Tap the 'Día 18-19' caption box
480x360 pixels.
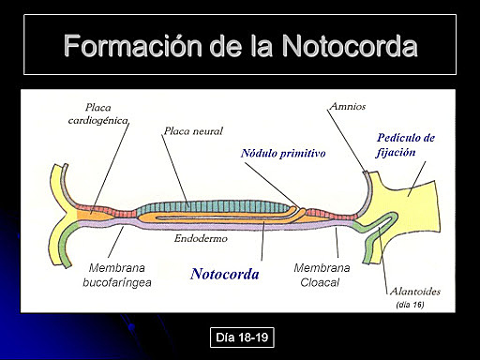pyautogui.click(x=242, y=336)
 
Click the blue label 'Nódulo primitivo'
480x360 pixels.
pyautogui.click(x=282, y=152)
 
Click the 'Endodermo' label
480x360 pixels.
pyautogui.click(x=200, y=239)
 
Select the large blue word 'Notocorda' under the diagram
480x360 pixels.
pyautogui.click(x=225, y=275)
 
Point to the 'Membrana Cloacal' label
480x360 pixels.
pyautogui.click(x=321, y=274)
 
